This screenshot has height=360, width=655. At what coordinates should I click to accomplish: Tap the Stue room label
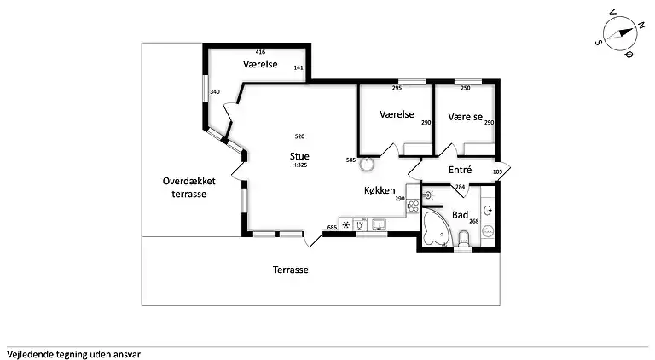click(x=299, y=156)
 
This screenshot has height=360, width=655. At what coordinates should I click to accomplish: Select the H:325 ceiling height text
click(x=299, y=165)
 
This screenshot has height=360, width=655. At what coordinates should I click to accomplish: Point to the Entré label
click(x=460, y=170)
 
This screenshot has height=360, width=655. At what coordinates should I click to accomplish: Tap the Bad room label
click(x=460, y=215)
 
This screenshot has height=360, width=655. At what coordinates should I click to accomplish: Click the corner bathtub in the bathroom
click(x=437, y=229)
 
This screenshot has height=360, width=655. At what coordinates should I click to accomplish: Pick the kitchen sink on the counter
click(x=378, y=225)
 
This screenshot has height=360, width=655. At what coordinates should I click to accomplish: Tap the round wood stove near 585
click(x=367, y=163)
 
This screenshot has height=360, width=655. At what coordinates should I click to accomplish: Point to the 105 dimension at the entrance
click(x=498, y=171)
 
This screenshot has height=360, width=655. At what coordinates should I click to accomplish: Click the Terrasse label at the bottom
click(x=290, y=270)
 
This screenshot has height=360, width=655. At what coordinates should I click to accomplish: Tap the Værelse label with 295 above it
click(x=396, y=114)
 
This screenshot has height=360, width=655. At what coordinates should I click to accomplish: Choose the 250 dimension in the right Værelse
click(x=465, y=88)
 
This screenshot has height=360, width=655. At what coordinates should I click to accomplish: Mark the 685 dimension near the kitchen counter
click(x=332, y=227)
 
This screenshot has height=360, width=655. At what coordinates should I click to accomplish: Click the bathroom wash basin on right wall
click(x=486, y=210)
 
